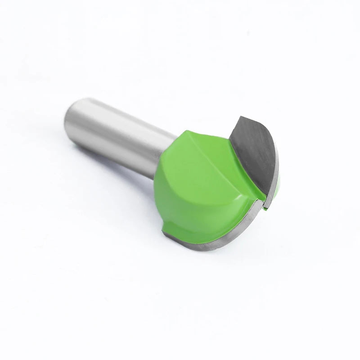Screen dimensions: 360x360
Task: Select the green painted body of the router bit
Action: [x=198, y=189]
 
